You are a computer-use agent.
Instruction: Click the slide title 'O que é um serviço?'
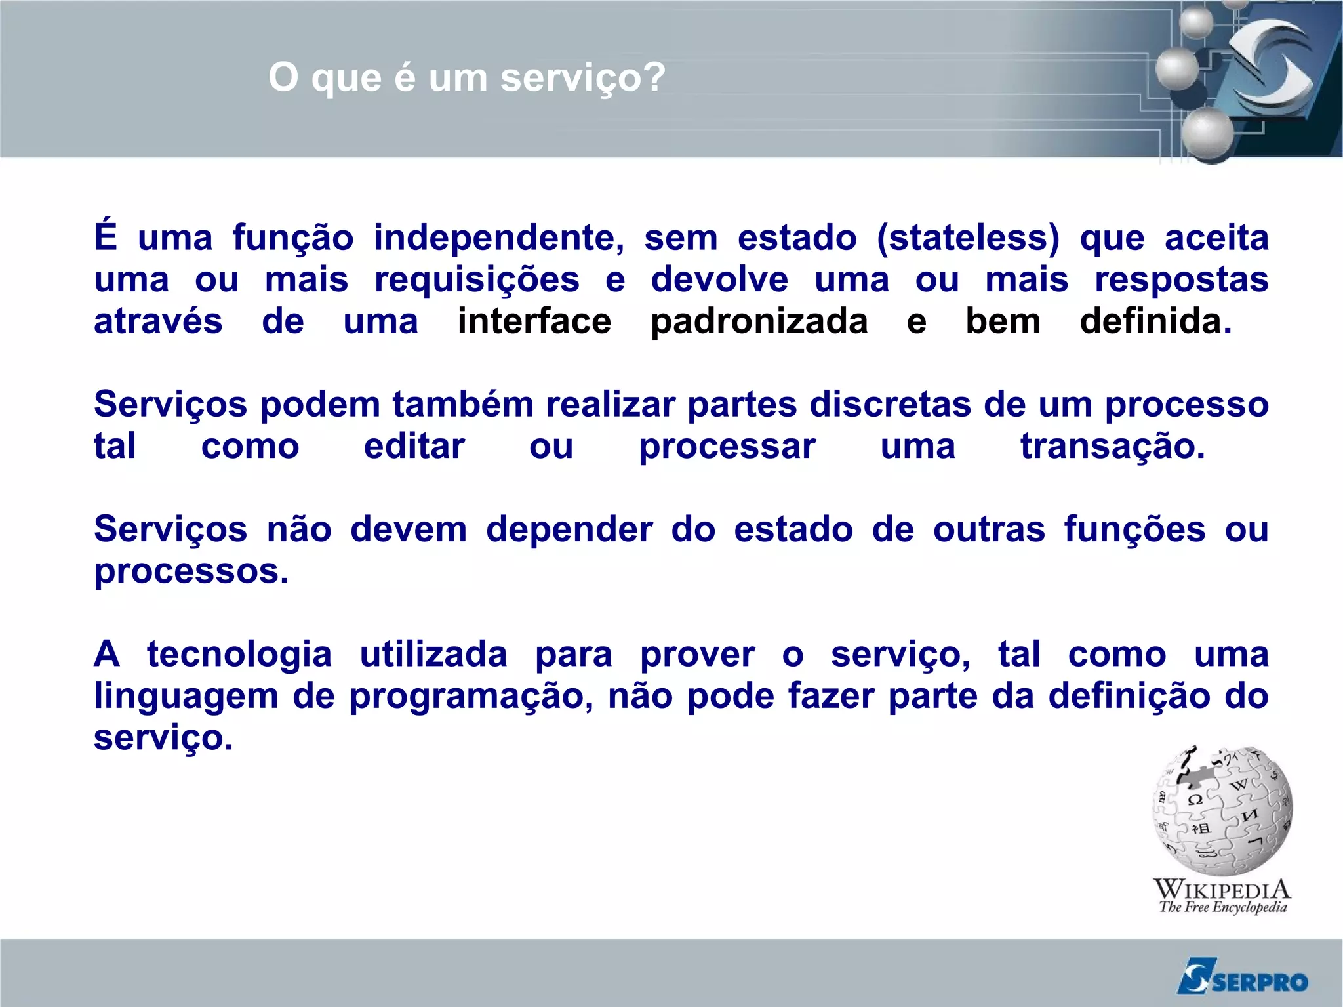tap(466, 78)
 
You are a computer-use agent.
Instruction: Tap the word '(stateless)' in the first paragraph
tap(968, 237)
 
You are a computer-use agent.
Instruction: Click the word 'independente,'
tap(498, 237)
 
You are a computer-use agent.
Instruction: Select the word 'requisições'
tap(477, 280)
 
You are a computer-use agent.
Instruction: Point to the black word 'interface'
tap(534, 321)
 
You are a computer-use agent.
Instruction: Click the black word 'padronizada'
tap(759, 321)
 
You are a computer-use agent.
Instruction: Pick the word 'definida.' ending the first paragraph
tap(1155, 321)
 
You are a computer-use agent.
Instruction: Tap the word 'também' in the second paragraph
tap(463, 404)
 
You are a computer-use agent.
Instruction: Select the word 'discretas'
tap(890, 404)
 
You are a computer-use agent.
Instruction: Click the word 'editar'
tap(414, 447)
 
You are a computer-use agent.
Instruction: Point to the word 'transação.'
tap(1112, 447)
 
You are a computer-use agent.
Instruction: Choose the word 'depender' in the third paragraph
tap(569, 529)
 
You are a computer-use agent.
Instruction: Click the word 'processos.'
tap(191, 571)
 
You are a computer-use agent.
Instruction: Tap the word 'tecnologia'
tap(239, 654)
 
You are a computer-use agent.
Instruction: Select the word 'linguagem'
tap(186, 697)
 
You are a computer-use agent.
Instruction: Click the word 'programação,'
tap(471, 697)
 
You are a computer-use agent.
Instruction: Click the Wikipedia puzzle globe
tap(1222, 810)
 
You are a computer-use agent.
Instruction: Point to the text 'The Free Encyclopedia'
tap(1222, 907)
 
